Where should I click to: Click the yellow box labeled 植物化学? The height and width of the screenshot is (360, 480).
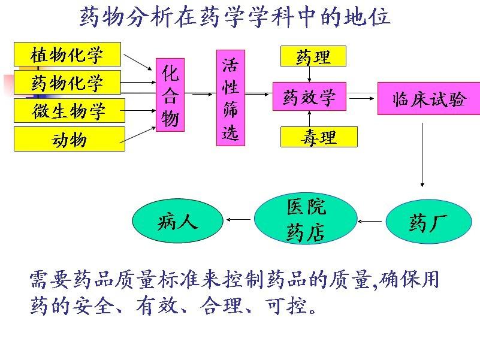[67, 55]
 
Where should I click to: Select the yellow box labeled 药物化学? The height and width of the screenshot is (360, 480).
[67, 83]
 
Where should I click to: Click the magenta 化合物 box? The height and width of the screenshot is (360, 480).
[170, 95]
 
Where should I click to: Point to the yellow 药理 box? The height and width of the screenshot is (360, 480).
[313, 57]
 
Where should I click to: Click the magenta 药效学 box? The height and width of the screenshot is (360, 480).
[309, 96]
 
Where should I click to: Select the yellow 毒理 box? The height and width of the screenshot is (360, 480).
[318, 137]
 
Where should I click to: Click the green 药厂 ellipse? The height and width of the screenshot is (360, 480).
[425, 223]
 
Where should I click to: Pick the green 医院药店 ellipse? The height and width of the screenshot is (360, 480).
[306, 219]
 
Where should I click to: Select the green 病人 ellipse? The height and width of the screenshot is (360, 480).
[177, 222]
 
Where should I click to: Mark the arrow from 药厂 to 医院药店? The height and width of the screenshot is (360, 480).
[371, 222]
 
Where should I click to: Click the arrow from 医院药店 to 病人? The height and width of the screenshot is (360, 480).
[239, 219]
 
